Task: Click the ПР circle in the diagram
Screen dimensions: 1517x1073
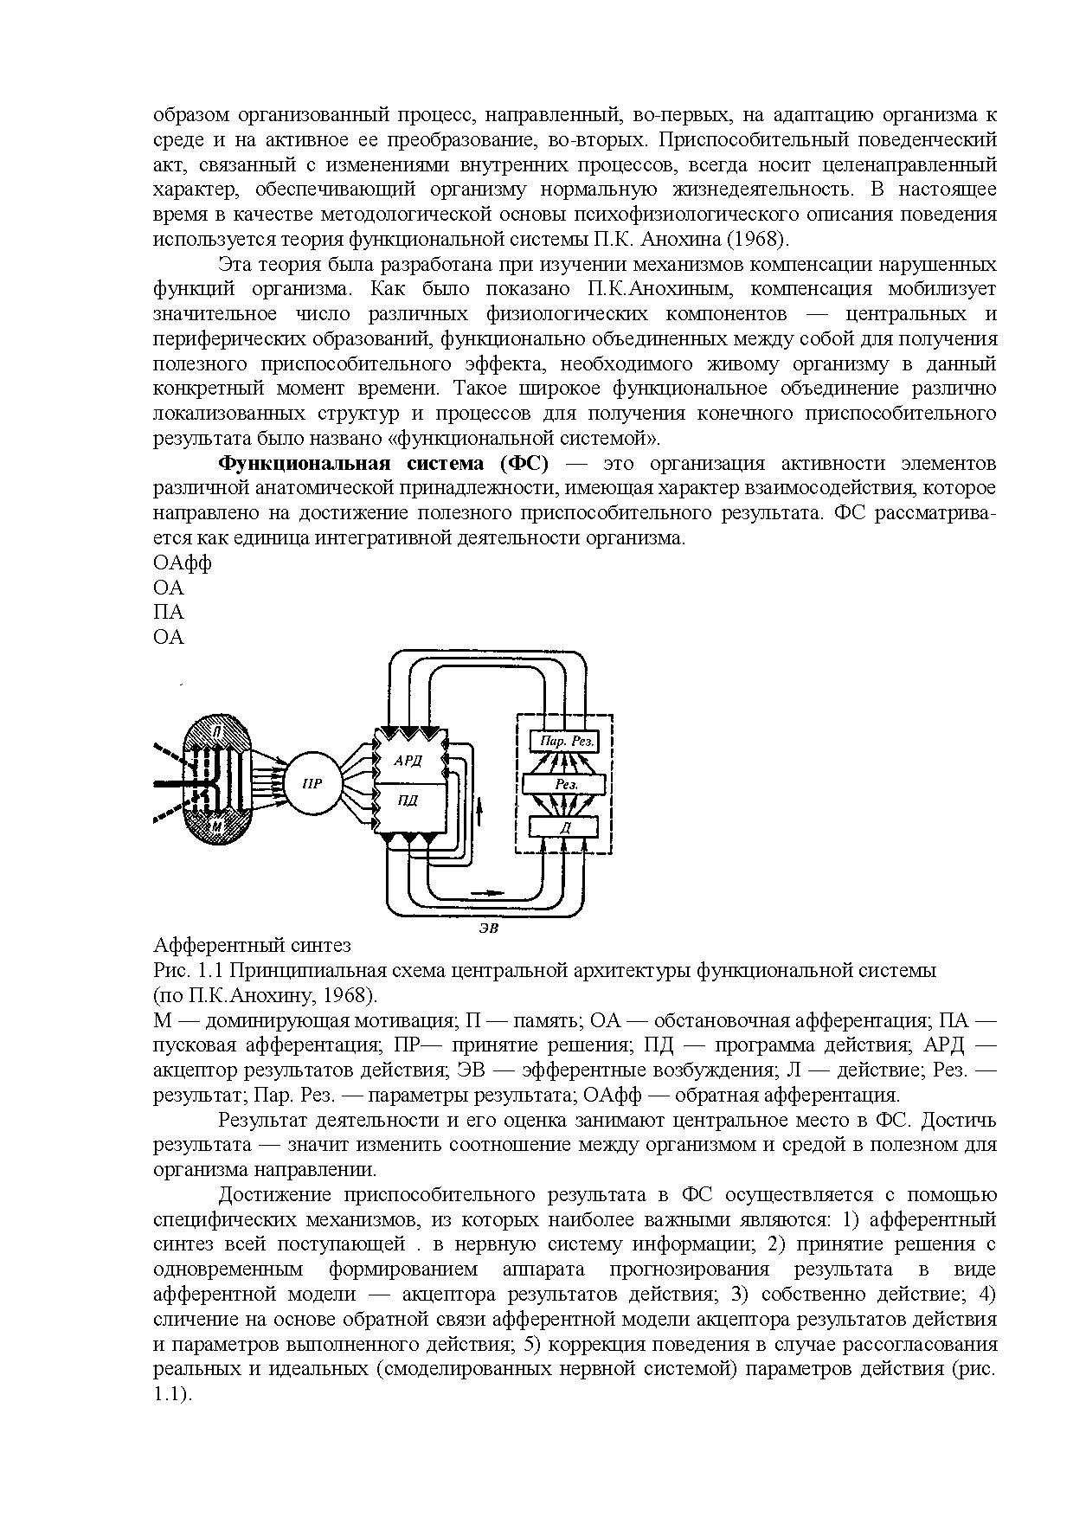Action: point(312,784)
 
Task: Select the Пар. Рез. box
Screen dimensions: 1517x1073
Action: point(566,741)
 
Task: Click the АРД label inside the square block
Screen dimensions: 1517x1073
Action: point(407,761)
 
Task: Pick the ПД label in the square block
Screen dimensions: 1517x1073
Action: point(407,800)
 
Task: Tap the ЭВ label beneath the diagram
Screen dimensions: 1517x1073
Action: point(490,928)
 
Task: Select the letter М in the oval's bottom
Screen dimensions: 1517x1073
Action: point(217,827)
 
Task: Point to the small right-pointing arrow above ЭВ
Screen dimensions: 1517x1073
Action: point(485,890)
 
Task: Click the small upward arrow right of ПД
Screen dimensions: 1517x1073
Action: point(479,810)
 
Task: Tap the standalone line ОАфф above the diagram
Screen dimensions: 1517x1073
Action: point(183,562)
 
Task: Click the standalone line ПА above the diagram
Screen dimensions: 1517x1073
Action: point(169,612)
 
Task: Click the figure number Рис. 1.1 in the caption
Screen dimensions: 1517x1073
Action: point(188,970)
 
